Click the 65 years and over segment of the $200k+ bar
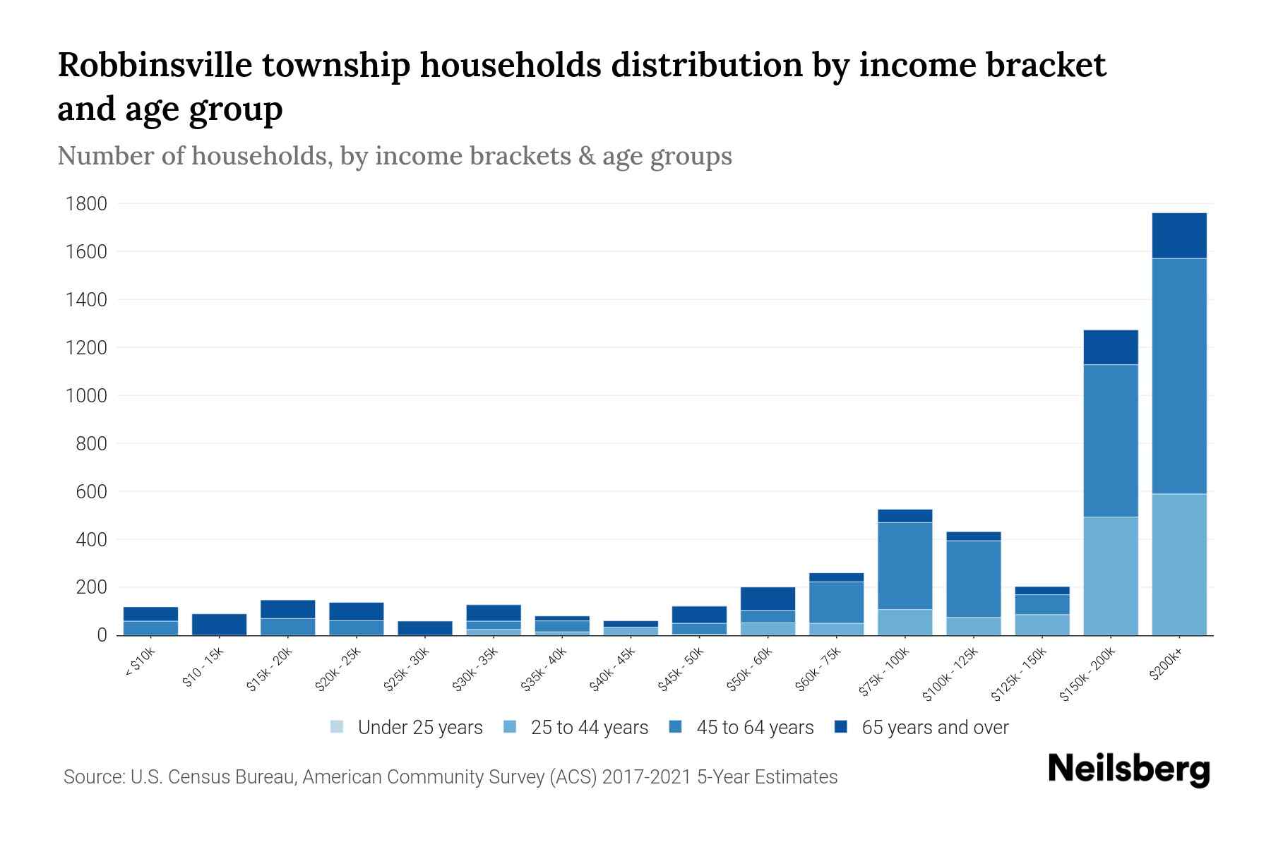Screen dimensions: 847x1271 pos(1178,236)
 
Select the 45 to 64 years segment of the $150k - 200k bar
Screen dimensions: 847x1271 pos(1110,440)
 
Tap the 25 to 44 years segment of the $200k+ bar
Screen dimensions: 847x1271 pos(1178,565)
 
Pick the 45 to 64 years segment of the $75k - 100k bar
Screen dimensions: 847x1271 pos(905,565)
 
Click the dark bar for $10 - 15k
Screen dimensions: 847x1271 pos(219,625)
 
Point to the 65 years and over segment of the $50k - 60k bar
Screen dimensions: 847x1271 pos(768,599)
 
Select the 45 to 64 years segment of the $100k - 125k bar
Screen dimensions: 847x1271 pos(973,579)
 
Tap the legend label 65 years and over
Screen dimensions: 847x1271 pos(935,728)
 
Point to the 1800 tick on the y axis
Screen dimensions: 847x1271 pos(86,204)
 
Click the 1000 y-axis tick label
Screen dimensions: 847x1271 pos(86,396)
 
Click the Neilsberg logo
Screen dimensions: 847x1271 pos(1128,769)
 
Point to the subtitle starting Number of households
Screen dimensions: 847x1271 pos(394,156)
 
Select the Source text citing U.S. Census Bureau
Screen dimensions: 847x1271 pos(450,777)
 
